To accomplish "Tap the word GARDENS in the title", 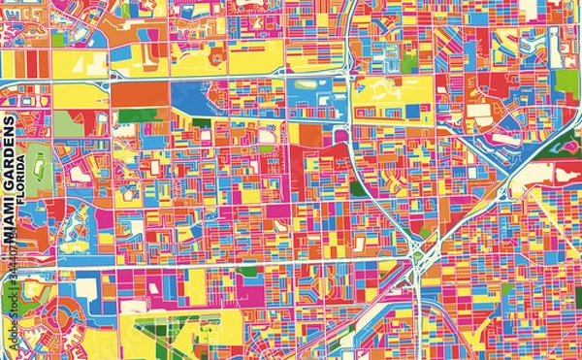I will point(11,156).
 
